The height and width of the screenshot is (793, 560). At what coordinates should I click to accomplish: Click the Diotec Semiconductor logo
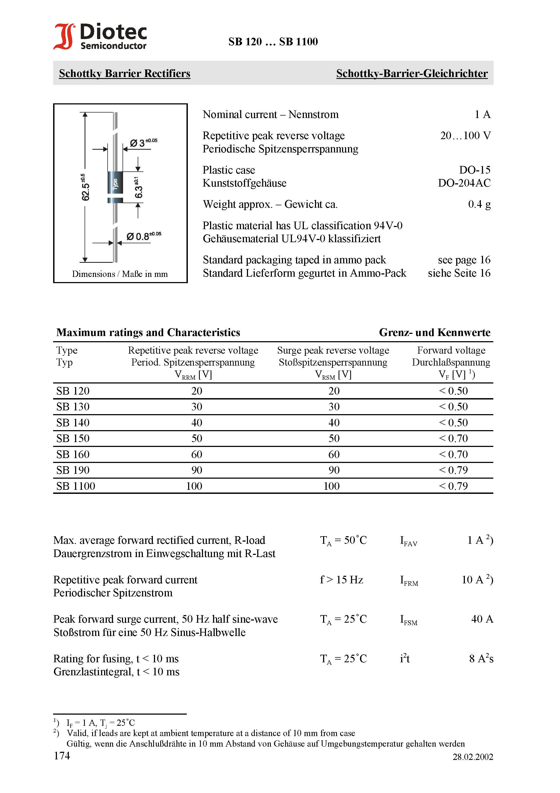point(100,36)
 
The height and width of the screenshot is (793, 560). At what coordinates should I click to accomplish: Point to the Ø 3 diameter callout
point(143,142)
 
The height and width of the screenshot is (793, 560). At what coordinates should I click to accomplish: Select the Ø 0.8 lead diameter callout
point(143,236)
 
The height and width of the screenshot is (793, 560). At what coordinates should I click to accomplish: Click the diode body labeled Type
point(115,184)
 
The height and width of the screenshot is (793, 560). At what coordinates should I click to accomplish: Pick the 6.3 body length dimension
point(138,188)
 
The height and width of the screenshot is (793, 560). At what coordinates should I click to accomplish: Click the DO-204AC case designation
point(464,183)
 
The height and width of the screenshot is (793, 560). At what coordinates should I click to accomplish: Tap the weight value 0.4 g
point(479,204)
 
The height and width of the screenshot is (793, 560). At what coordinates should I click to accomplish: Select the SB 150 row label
point(73,439)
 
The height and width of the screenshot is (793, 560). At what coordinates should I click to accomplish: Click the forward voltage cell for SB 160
point(453,455)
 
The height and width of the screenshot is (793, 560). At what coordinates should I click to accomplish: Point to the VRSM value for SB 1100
point(332,486)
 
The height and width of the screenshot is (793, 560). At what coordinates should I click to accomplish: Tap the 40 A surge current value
point(482,619)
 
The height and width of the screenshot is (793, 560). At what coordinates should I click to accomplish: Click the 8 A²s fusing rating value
point(481,658)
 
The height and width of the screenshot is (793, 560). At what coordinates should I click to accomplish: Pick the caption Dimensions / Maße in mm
point(120,274)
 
